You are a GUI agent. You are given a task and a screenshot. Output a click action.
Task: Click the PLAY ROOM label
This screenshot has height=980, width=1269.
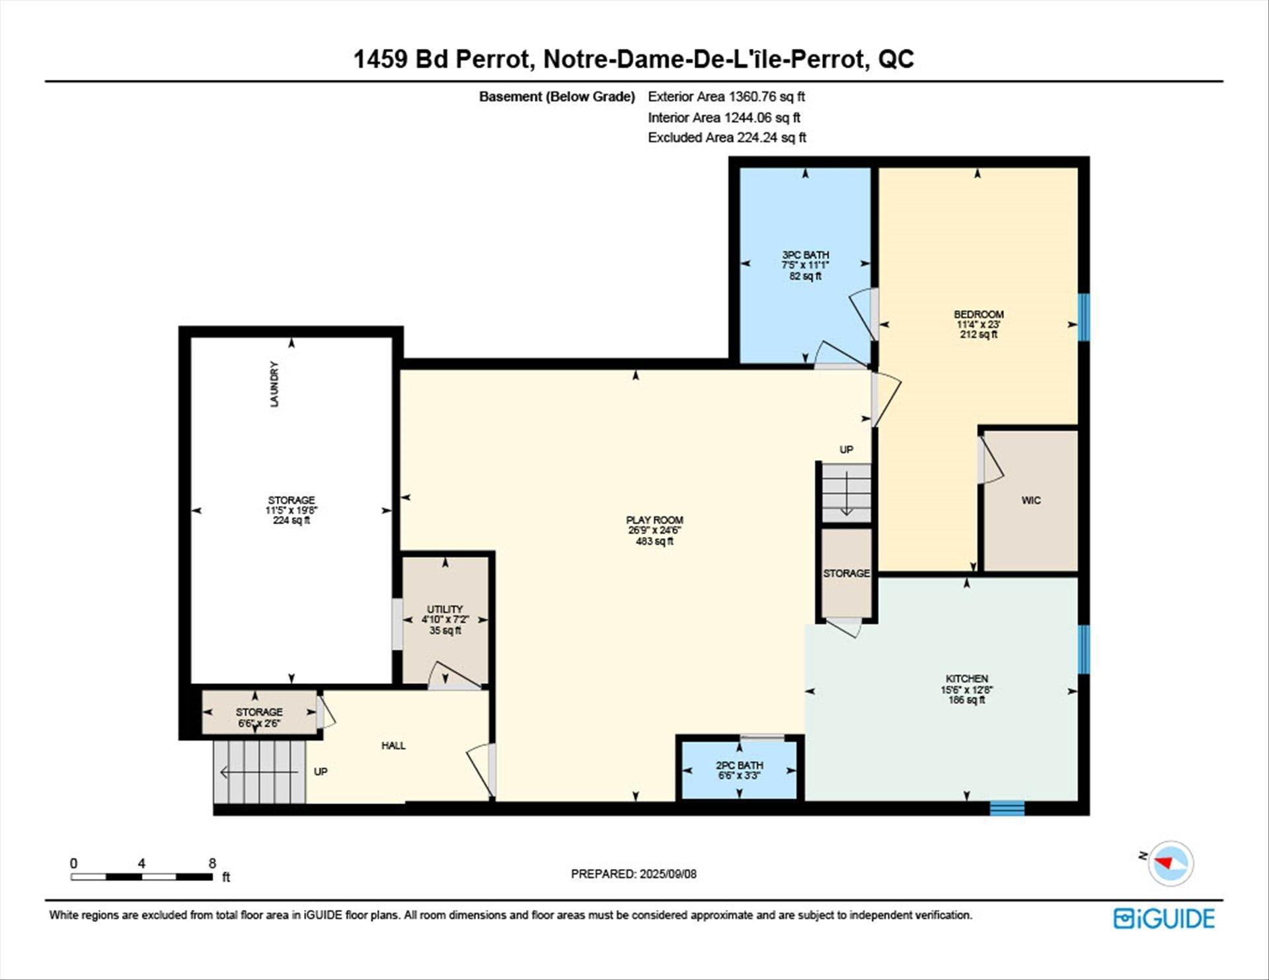[x=654, y=520]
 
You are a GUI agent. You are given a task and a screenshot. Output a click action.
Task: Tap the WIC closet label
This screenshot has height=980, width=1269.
[x=1031, y=500]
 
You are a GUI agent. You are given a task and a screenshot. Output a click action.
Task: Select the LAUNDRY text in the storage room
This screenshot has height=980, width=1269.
[x=274, y=384]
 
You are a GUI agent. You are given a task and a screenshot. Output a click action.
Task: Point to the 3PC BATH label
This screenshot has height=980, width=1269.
[x=805, y=254]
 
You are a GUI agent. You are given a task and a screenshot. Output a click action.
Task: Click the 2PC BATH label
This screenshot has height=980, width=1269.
[x=739, y=765]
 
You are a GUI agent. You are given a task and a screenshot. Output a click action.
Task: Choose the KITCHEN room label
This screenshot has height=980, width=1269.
[x=967, y=679]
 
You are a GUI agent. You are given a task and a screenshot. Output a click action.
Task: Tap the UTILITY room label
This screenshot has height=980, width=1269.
[x=445, y=609]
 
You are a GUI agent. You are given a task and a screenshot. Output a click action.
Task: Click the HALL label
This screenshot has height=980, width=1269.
[x=393, y=745]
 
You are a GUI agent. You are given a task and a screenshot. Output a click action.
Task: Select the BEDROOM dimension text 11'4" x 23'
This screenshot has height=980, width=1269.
[x=979, y=324]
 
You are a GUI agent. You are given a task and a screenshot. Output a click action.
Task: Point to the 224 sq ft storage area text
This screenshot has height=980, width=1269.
[x=291, y=521]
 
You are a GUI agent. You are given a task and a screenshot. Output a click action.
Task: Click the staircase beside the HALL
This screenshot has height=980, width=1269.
[x=260, y=772]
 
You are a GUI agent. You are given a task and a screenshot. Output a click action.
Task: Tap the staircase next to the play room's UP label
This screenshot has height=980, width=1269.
[x=846, y=493]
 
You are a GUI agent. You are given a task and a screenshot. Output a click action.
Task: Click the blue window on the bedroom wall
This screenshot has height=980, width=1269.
[x=1084, y=317]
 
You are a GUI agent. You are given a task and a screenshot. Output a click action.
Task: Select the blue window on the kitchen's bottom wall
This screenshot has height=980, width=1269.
[x=1007, y=808]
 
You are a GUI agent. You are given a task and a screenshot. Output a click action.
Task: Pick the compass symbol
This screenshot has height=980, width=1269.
[x=1171, y=863]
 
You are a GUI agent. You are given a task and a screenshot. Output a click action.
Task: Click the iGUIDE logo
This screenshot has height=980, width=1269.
[x=1164, y=919]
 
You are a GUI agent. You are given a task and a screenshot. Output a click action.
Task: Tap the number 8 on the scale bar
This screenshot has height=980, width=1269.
[x=212, y=863]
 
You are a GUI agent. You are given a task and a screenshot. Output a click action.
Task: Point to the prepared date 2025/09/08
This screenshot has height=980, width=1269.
[x=668, y=874]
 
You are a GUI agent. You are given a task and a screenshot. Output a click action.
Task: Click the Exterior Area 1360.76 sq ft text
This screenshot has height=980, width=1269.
[x=726, y=96]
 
